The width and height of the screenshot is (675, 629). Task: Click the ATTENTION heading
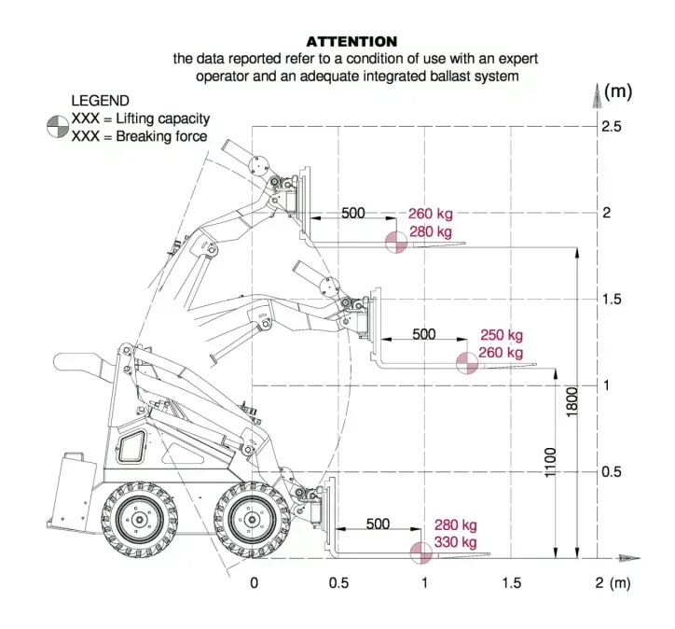click(351, 41)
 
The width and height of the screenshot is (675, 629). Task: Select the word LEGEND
click(101, 101)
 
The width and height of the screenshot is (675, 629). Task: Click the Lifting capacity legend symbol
click(57, 119)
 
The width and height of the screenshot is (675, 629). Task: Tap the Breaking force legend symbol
click(57, 135)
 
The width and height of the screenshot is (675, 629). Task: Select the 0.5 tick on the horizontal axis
click(339, 583)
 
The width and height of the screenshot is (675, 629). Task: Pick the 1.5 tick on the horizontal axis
click(511, 583)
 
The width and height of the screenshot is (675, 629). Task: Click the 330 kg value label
click(456, 542)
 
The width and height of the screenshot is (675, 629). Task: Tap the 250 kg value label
click(502, 335)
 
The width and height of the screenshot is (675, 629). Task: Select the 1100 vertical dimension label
click(551, 464)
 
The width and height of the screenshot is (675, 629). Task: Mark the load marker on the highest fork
click(397, 242)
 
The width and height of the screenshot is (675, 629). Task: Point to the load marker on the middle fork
click(466, 363)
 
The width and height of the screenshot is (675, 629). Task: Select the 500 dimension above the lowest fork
click(378, 524)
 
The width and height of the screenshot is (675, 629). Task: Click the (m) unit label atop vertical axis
click(618, 91)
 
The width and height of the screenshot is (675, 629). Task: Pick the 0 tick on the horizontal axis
click(254, 583)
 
